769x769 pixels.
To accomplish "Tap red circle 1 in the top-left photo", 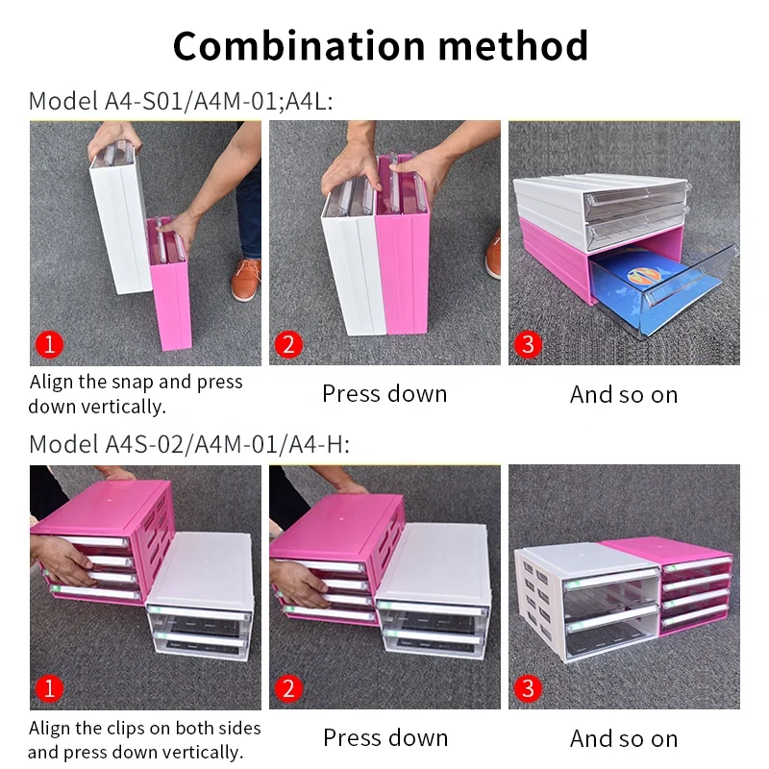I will (47, 344).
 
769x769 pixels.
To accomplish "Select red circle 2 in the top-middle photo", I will (286, 344).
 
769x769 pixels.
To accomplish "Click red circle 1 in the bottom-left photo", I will (47, 688).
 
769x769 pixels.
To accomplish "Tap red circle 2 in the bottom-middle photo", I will (286, 688).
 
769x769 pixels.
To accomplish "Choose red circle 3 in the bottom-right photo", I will (527, 688).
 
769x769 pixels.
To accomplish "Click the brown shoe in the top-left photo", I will (246, 279).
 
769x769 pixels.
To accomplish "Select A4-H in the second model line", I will (318, 444).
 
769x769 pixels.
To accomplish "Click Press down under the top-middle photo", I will (384, 394).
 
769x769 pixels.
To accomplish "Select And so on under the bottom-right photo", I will (623, 739).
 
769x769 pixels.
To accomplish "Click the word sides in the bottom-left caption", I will (235, 728).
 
